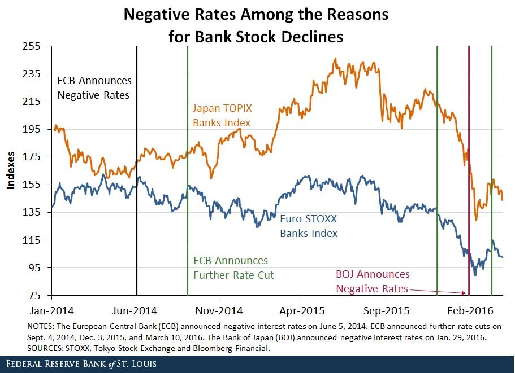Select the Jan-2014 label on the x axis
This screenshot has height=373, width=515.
point(51,310)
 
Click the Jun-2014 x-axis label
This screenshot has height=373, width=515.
point(136,310)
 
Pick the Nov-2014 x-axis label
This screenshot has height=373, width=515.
point(219,310)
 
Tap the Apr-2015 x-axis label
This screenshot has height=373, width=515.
point(302,310)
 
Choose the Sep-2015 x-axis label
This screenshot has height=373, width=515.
point(386,310)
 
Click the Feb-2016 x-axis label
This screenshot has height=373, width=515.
point(469,310)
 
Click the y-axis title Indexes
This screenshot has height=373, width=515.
point(10,170)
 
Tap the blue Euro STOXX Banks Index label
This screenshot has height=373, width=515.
point(309,226)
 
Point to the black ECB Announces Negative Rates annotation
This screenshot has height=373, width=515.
point(94,88)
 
